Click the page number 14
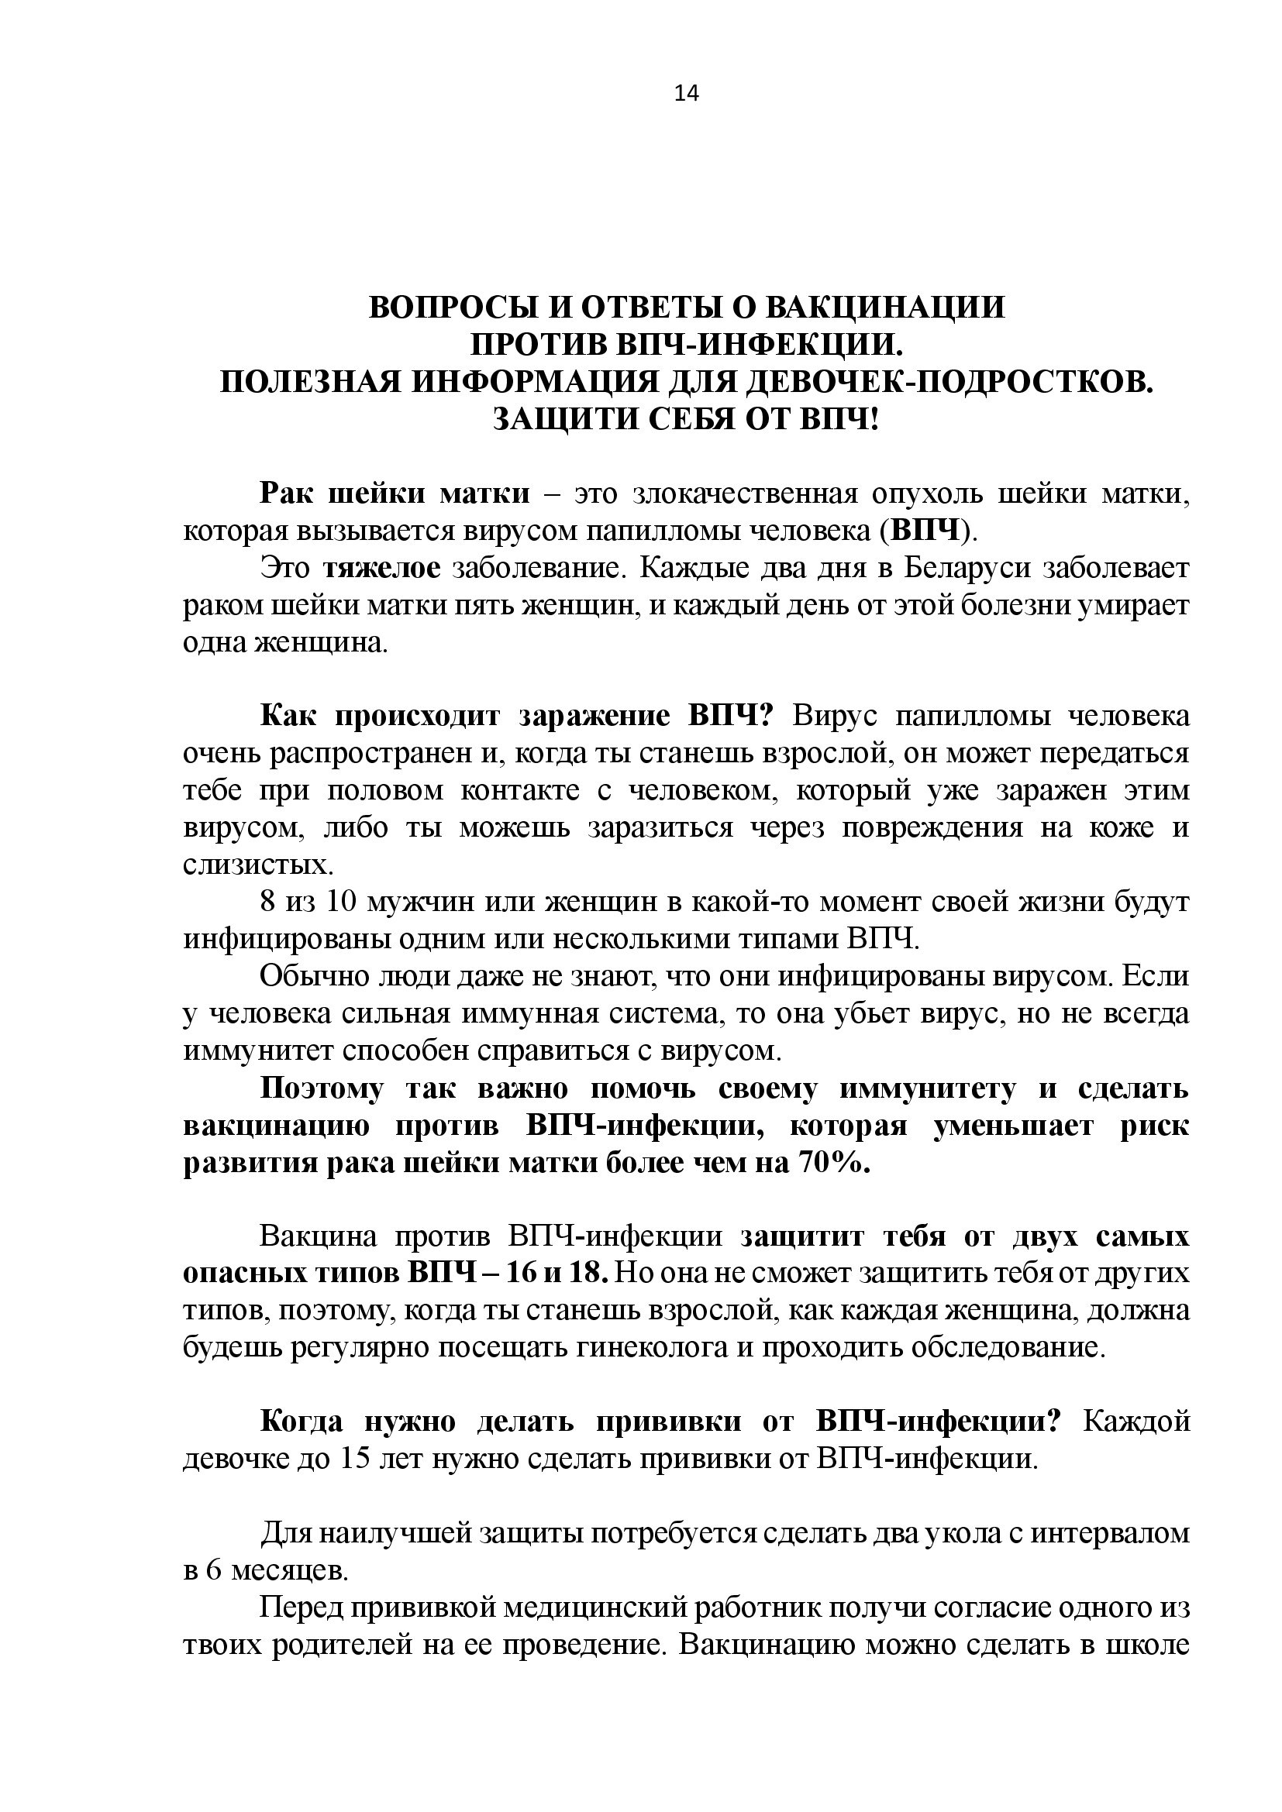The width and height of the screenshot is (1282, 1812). tap(687, 94)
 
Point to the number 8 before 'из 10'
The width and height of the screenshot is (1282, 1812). tap(268, 903)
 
